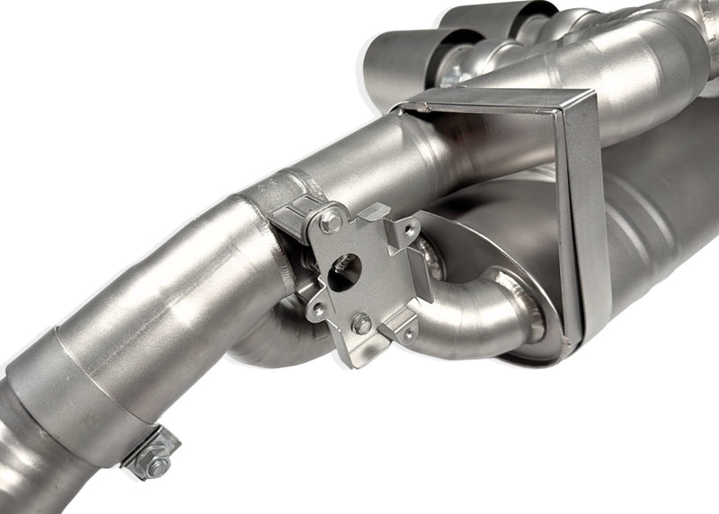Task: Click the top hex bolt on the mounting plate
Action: [331, 218]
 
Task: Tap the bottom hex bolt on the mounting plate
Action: [361, 323]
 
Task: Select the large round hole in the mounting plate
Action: [343, 270]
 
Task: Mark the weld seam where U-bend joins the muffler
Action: [537, 310]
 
